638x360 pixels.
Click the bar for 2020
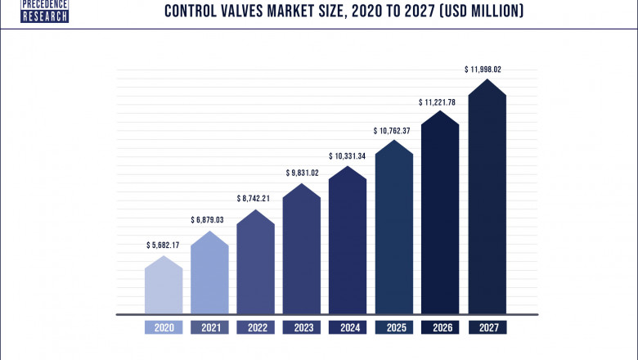[x=164, y=286]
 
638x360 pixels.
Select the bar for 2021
[x=209, y=274]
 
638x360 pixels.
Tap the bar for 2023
[x=302, y=250]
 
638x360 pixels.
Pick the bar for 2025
[x=394, y=229]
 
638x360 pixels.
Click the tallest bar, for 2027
[x=487, y=200]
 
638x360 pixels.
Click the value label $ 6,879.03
[x=209, y=219]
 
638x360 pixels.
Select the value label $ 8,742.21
[x=255, y=198]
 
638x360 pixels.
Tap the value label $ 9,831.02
[x=302, y=172]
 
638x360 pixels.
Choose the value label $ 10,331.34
[x=348, y=155]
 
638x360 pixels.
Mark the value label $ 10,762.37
[x=394, y=130]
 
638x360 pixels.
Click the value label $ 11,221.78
[x=441, y=101]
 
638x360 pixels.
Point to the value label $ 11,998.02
[x=487, y=70]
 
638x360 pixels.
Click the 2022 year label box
[x=255, y=327]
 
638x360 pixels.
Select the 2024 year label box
[x=348, y=327]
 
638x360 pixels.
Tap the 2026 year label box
[x=441, y=327]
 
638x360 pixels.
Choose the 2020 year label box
[x=164, y=327]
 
